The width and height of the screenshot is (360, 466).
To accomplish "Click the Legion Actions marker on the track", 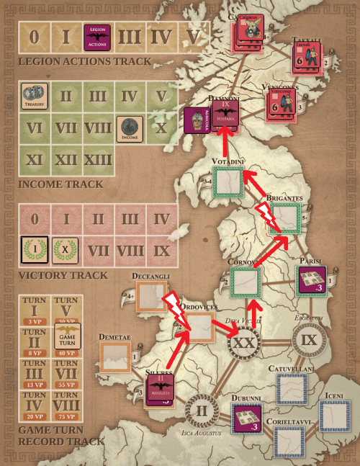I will tap(96, 37).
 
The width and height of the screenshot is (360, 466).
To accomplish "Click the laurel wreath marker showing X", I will tap(66, 246).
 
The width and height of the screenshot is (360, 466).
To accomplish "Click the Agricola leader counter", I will tap(197, 122).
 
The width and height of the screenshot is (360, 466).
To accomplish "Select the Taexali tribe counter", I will tap(307, 56).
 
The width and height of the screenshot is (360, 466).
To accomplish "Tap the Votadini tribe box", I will tap(228, 182).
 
